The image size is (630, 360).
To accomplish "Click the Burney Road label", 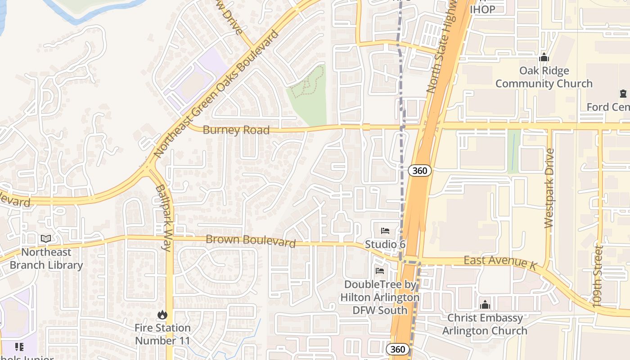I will (236, 130).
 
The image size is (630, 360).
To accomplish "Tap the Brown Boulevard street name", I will (250, 241).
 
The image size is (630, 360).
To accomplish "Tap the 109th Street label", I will (598, 276).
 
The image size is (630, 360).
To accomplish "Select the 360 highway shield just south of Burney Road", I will (420, 171).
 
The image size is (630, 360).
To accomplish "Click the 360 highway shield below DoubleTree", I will (398, 349).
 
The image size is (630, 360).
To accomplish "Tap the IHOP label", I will (482, 9).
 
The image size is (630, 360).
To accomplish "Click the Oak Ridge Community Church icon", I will (544, 58).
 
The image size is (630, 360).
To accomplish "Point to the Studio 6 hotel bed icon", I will (385, 231).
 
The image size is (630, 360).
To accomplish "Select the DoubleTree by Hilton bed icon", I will (380, 271).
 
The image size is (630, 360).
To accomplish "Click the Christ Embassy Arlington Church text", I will (485, 324).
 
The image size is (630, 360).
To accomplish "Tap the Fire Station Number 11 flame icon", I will (162, 315).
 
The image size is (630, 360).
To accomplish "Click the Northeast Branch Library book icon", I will (46, 239).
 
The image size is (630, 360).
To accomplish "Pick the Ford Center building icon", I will (623, 94).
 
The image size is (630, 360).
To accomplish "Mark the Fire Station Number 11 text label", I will (162, 334).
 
